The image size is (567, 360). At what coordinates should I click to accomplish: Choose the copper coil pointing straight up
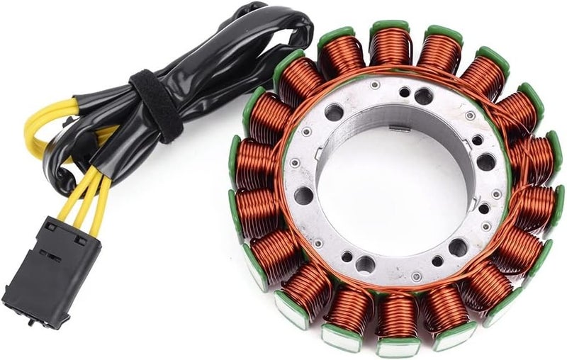coord(392,47)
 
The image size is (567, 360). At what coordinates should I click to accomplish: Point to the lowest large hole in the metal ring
coord(365,264)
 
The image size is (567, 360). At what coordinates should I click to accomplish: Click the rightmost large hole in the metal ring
coord(486,162)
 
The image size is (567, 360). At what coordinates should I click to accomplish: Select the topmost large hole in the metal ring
coord(423,96)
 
